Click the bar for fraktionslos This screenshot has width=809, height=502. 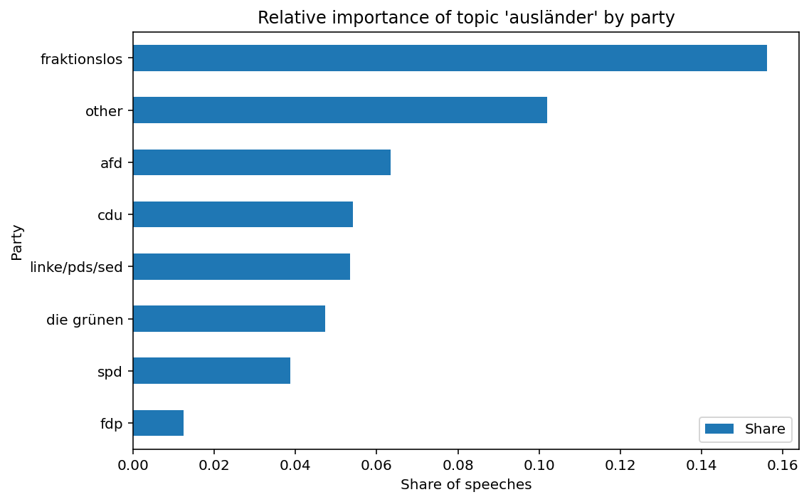(450, 58)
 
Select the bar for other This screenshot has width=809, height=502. (340, 110)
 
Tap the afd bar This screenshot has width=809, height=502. (262, 162)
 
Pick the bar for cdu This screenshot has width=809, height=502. (243, 214)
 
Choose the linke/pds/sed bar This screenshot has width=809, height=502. (241, 266)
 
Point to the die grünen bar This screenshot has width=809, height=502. (229, 318)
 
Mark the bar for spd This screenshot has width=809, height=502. (211, 370)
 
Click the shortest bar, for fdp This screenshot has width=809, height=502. (158, 423)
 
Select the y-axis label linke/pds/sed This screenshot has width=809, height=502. (76, 267)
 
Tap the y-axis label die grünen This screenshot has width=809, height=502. (85, 319)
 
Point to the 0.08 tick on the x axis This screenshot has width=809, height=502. (458, 465)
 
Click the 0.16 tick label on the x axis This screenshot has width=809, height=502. (783, 465)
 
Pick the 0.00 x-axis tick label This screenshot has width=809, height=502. (133, 465)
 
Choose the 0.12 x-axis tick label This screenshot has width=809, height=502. (620, 465)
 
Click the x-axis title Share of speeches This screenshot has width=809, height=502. (466, 485)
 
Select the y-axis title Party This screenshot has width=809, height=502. (17, 242)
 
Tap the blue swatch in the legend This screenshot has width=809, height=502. (719, 429)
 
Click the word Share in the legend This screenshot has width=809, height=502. (765, 429)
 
